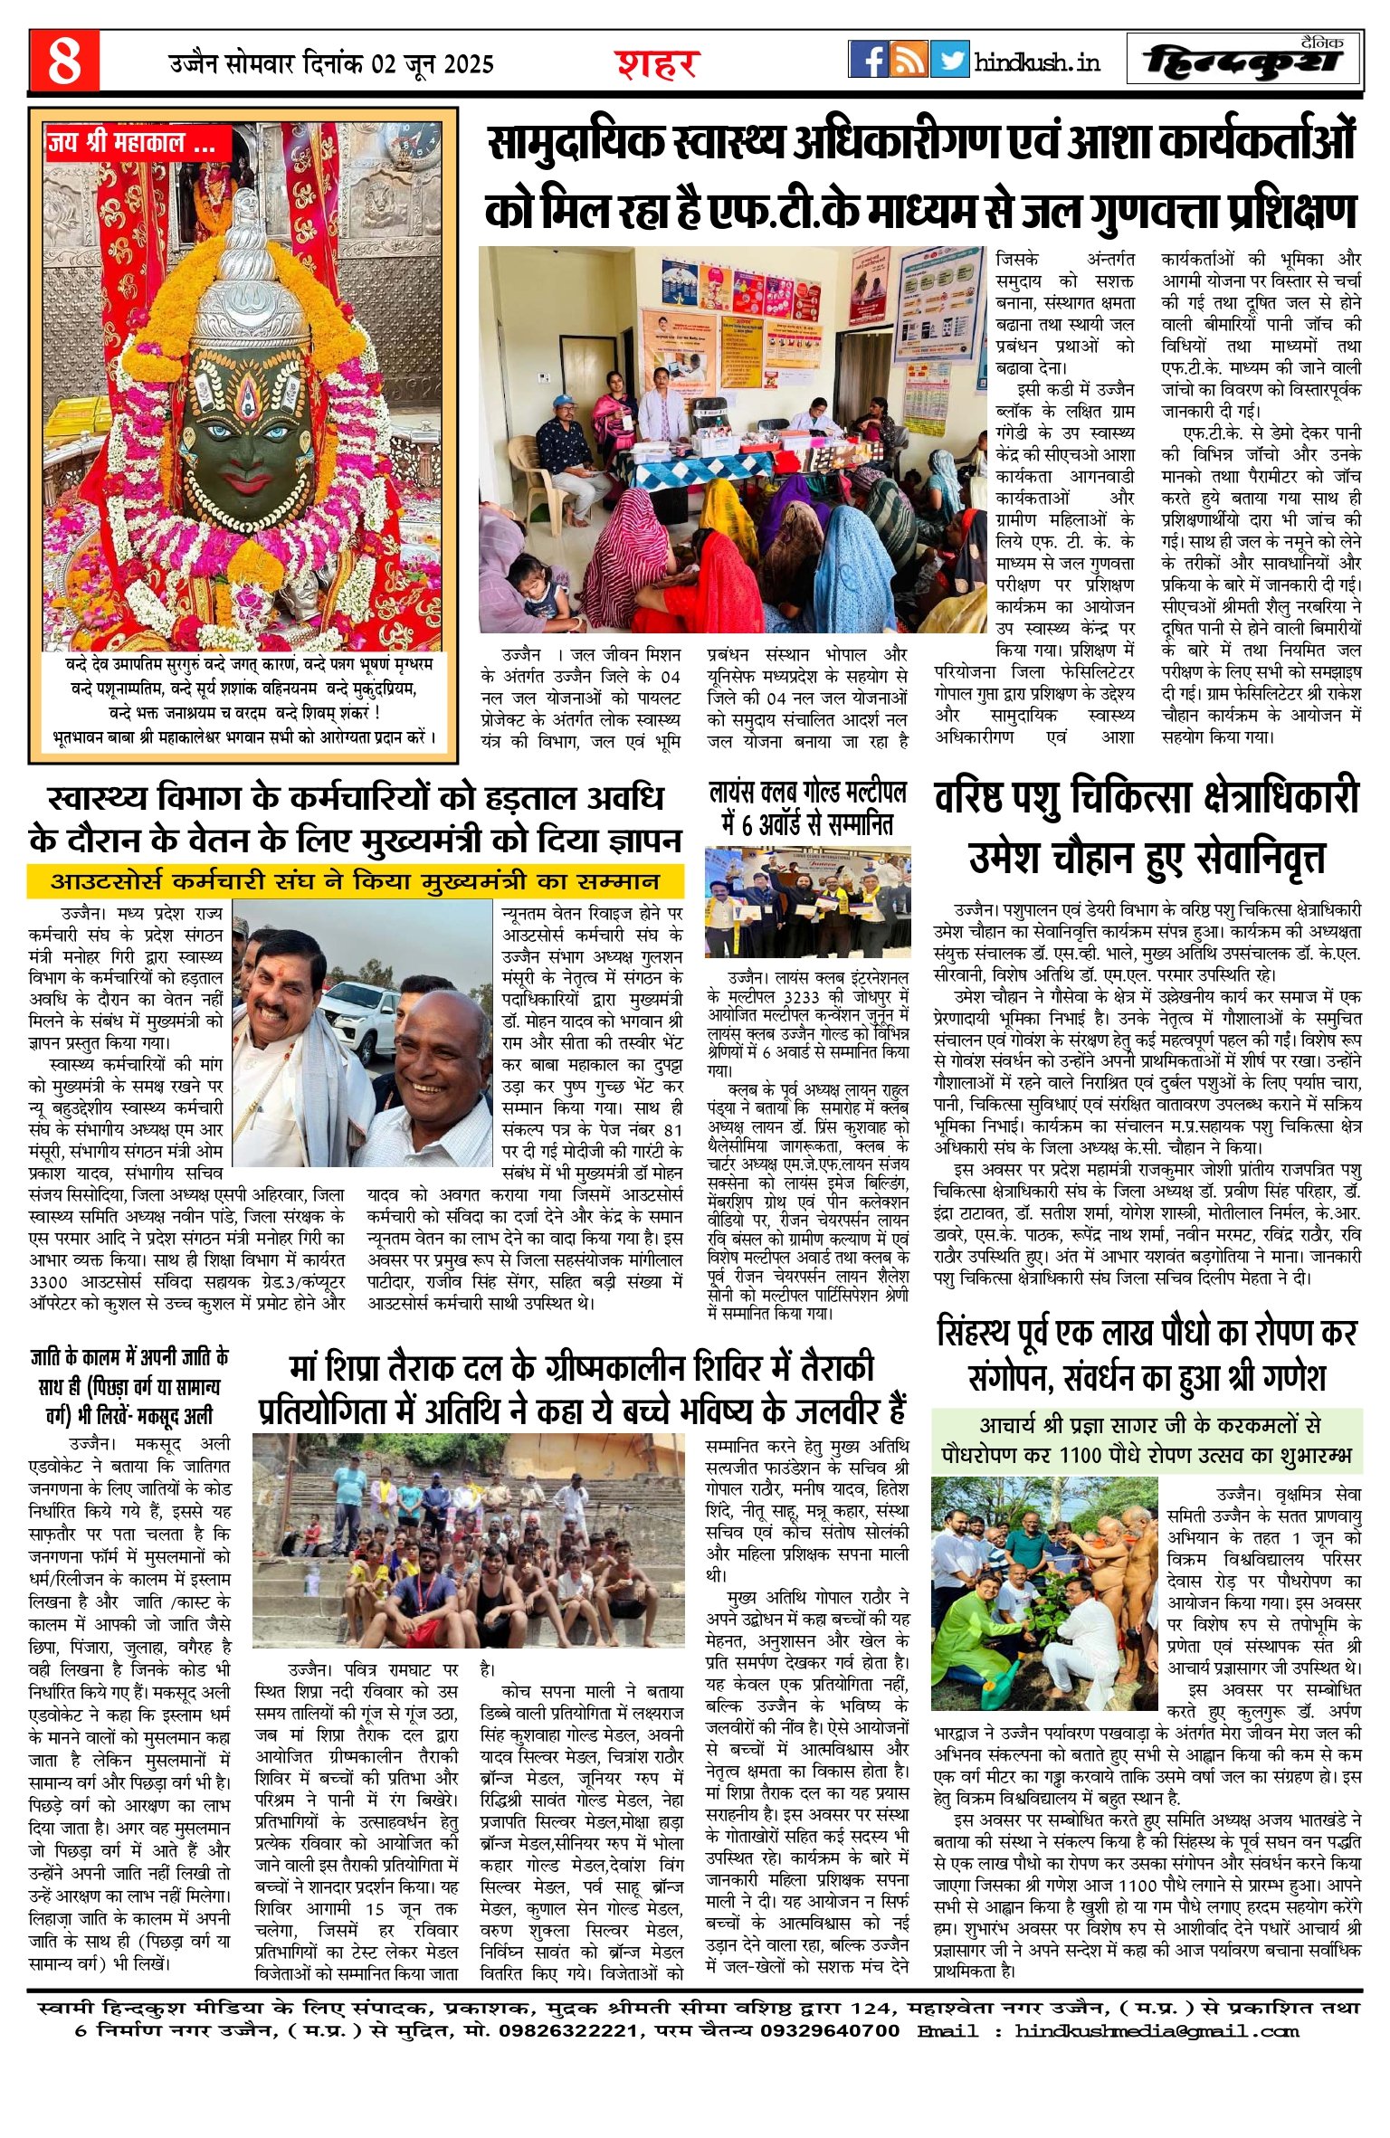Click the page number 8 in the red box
63,61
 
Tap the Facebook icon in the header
868,60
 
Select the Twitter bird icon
949,60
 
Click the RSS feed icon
909,60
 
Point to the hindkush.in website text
1037,62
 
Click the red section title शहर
658,63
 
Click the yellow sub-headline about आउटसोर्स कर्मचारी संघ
355,880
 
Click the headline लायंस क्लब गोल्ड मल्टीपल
807,808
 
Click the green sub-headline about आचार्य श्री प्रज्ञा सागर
1146,1440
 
